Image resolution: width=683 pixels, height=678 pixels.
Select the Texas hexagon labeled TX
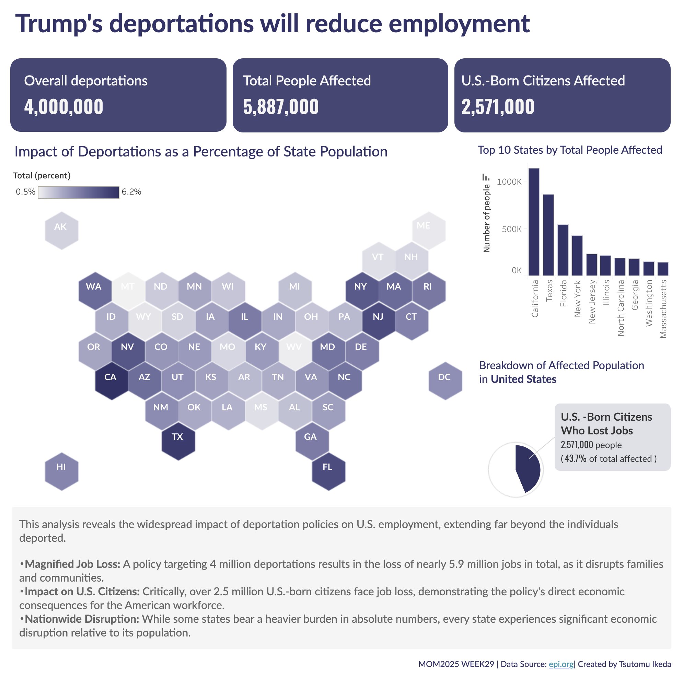[178, 441]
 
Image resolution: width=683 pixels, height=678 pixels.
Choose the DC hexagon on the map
[445, 381]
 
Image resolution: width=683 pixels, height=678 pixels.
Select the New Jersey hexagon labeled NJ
[379, 320]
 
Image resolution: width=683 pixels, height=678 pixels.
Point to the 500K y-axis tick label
[511, 229]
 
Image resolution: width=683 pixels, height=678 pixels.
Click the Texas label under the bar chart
[549, 291]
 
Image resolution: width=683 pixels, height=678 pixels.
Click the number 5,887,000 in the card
[281, 107]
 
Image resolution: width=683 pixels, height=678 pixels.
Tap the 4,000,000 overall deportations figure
[63, 107]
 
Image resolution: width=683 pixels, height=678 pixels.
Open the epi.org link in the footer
[561, 664]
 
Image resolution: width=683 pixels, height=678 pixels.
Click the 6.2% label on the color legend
[131, 192]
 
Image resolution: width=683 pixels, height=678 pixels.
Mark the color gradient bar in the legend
[79, 192]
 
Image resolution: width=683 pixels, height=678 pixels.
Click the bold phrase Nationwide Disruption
[82, 619]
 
